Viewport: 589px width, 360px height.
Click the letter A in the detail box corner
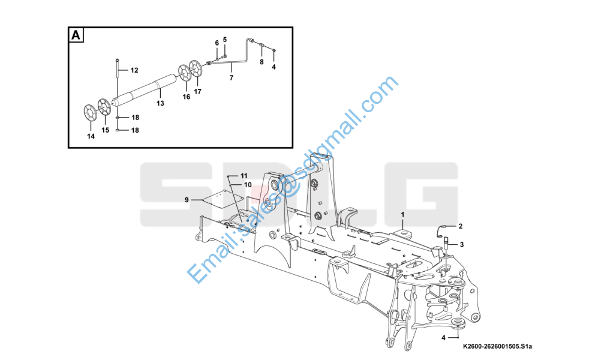point(76,35)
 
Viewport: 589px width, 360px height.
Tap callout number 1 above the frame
point(402,215)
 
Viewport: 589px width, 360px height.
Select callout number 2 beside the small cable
point(460,226)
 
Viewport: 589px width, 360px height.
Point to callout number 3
point(462,245)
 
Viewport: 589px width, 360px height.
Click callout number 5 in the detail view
point(225,40)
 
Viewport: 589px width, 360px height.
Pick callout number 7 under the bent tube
point(232,78)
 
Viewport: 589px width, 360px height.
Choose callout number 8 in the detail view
point(262,62)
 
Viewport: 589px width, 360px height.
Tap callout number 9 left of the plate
point(187,200)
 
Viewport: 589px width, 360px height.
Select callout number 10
point(248,185)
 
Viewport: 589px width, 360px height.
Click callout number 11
point(244,176)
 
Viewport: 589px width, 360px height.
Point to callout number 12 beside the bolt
point(134,70)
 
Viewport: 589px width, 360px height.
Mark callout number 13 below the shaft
point(160,103)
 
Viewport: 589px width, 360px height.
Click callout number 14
point(91,136)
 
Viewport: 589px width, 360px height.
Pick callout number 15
point(105,130)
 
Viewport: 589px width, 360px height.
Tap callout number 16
point(187,97)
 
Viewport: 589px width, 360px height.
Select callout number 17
point(197,91)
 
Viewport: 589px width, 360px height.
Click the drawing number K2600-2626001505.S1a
point(497,346)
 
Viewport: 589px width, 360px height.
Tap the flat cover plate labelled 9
point(224,199)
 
